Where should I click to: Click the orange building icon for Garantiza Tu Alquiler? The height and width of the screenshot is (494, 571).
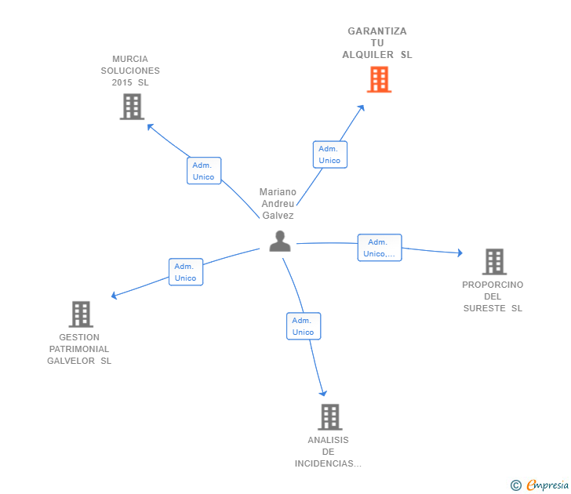click(379, 79)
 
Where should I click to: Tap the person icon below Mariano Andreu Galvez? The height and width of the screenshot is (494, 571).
click(280, 242)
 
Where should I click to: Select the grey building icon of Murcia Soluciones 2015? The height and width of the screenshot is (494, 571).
click(132, 107)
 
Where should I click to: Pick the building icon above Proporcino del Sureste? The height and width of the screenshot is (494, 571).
click(493, 261)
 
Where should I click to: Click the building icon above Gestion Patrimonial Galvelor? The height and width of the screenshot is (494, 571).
click(81, 314)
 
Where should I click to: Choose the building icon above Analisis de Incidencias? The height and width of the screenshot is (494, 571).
click(330, 416)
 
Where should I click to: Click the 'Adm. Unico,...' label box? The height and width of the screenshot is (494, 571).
click(380, 248)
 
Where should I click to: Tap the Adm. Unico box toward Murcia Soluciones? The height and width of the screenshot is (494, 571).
click(204, 171)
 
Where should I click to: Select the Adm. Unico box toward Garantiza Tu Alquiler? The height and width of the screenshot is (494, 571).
click(329, 154)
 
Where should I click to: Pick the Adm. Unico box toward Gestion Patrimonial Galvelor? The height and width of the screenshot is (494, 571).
click(186, 272)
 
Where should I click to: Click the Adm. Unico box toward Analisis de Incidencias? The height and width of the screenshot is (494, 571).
click(304, 326)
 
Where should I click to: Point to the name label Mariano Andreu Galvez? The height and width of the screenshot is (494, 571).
click(278, 204)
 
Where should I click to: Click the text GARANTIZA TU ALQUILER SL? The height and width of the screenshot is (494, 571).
click(377, 43)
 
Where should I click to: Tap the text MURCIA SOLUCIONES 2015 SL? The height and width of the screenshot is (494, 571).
click(130, 71)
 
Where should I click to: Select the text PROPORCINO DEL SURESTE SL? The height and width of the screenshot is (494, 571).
click(493, 296)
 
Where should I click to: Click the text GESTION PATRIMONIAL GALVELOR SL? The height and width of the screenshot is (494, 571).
click(79, 349)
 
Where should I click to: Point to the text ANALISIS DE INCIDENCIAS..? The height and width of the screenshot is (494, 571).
click(328, 452)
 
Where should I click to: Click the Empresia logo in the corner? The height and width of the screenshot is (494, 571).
click(547, 485)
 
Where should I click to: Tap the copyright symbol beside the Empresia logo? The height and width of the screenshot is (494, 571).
click(515, 485)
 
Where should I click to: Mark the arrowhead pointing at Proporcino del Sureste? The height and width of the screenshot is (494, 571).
click(459, 252)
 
